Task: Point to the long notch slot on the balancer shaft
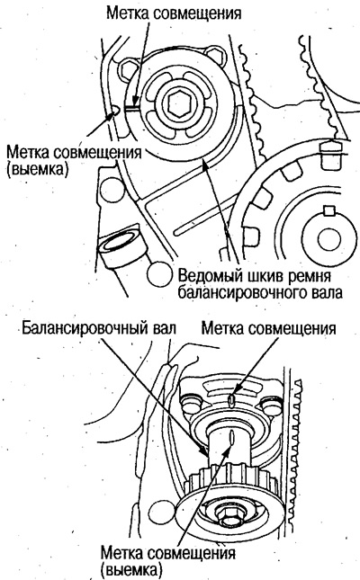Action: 231,450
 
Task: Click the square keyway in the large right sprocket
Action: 328,213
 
